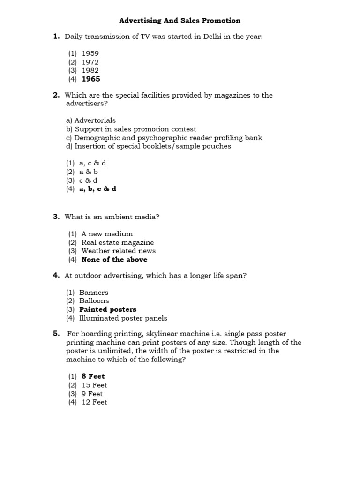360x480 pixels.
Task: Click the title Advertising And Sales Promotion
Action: [x=180, y=20]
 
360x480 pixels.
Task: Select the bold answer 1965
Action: [x=90, y=79]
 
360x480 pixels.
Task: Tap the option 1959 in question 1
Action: [x=90, y=53]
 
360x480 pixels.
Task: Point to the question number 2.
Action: [x=56, y=95]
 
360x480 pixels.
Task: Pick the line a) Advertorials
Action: [x=91, y=120]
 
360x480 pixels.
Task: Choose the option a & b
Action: [x=89, y=172]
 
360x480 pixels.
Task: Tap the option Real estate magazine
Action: [x=117, y=242]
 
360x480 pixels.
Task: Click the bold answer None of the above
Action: [x=114, y=259]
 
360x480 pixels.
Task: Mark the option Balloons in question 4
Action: [x=94, y=300]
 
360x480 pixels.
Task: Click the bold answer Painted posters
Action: [x=107, y=309]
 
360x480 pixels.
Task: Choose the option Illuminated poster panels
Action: [x=123, y=318]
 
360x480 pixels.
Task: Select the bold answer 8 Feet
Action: [x=93, y=376]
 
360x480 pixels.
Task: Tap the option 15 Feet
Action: [x=94, y=385]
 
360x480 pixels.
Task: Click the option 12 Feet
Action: [x=94, y=402]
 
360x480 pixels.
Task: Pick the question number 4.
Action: [x=56, y=275]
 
